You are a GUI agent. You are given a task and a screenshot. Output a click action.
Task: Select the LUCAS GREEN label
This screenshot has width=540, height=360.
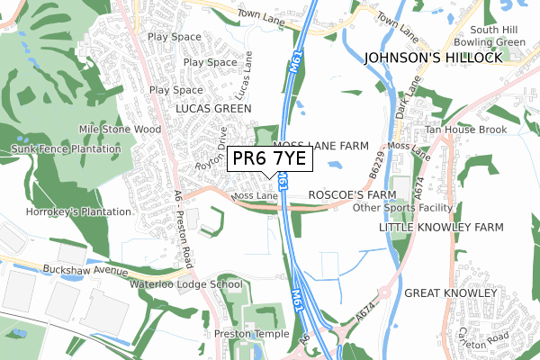coord(213,108)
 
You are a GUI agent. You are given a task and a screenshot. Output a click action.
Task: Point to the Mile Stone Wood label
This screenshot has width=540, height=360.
coord(120,130)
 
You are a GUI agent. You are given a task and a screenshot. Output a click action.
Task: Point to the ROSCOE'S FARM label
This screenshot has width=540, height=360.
coord(352,194)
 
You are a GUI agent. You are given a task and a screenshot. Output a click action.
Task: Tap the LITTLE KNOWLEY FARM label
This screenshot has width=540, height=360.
coord(441,228)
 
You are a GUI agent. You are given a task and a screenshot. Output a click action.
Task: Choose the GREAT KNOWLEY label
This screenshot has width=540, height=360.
coord(450,293)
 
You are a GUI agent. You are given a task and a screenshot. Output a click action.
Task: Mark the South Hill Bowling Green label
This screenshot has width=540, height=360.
coord(490,35)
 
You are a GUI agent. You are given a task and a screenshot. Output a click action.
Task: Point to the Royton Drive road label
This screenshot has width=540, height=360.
coord(211,152)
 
